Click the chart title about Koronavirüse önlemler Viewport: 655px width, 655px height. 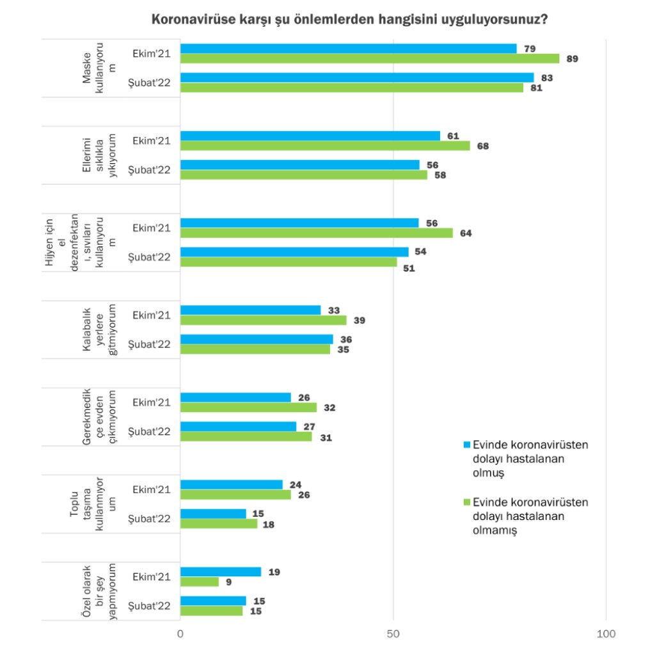tap(349, 20)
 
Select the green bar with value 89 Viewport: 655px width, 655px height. tap(370, 58)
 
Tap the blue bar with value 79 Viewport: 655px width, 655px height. tap(349, 49)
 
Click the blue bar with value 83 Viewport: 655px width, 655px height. tap(357, 77)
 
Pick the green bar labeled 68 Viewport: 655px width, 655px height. tap(325, 146)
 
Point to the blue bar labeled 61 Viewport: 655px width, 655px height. tap(310, 136)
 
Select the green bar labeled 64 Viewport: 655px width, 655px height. tap(317, 233)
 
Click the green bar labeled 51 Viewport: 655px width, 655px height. tap(288, 262)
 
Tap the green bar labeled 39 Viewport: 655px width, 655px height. tap(264, 320)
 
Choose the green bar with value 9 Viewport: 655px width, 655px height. tap(200, 581)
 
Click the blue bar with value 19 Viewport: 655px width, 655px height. tap(221, 572)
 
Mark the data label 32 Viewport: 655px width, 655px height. tap(330, 407)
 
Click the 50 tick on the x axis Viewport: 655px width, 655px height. tap(393, 634)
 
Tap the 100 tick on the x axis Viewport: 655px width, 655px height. tap(606, 634)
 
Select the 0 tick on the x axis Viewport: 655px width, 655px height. tap(180, 634)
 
